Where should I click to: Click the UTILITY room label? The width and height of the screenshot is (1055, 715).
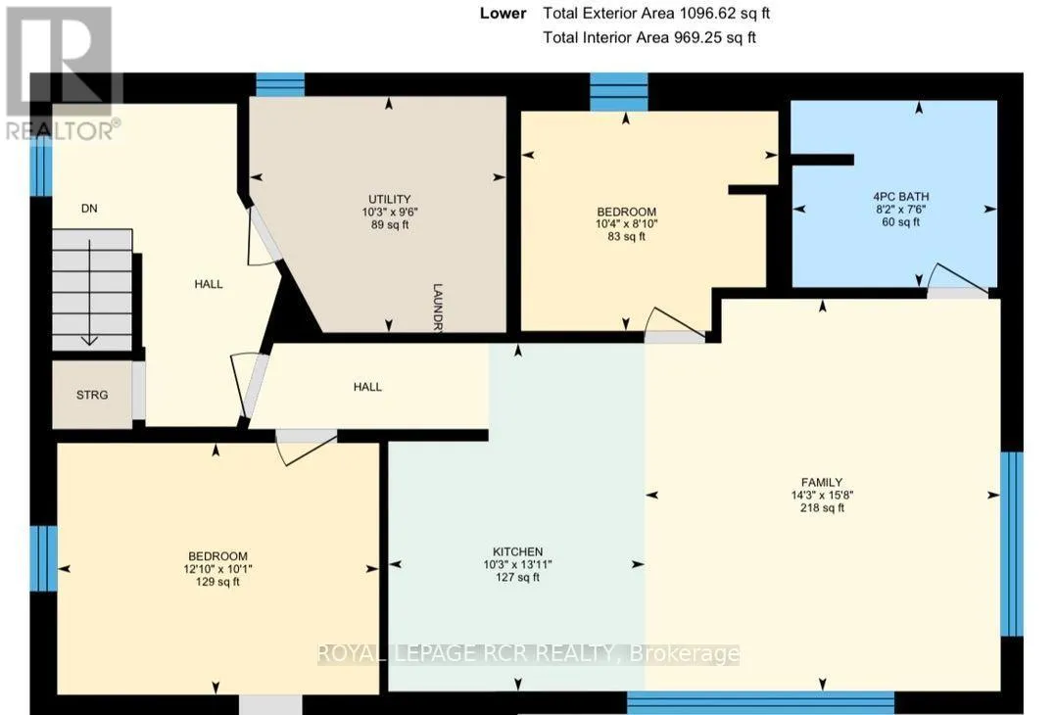pos(389,199)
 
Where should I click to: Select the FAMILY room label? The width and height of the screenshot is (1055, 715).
pos(822,482)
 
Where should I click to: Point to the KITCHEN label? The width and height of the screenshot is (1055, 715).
pos(517,551)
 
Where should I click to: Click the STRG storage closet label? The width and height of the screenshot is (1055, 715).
pos(92,395)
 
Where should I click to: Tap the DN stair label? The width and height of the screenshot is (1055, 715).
pos(89,209)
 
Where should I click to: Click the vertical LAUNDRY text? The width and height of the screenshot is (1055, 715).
pos(437,308)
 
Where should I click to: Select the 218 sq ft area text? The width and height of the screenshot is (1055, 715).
pos(822,507)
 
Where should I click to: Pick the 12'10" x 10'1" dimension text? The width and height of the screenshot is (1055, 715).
pos(217,569)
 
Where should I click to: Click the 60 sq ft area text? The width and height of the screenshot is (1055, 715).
pos(900,222)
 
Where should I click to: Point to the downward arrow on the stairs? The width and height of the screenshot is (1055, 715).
pos(89,293)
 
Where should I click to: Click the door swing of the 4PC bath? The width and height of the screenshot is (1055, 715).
pos(959,277)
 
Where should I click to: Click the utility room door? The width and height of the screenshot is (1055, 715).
pos(264,235)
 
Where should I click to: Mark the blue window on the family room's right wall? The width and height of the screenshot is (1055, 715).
pos(1011,544)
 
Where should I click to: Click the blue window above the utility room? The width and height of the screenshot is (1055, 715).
pos(280,85)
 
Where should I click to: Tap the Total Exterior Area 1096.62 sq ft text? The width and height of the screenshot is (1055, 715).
pos(656,13)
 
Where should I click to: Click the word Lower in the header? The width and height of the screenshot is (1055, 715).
pos(503,13)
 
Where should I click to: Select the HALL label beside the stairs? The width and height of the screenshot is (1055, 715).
pos(209,284)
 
